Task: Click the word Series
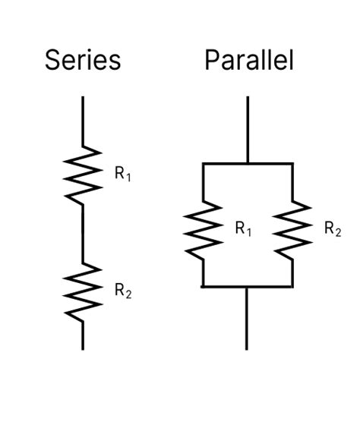point(83,60)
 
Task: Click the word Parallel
point(248,60)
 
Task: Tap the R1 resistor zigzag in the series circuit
point(83,175)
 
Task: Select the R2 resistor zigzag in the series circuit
point(83,291)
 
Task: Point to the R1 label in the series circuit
point(122,174)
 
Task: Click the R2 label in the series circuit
point(122,290)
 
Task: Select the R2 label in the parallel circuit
point(332,228)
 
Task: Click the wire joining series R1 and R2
point(83,233)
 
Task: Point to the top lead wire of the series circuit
point(83,121)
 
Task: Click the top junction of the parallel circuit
point(248,163)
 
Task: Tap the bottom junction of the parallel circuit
point(248,286)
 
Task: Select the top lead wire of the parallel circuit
point(248,129)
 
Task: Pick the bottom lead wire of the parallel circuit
point(248,319)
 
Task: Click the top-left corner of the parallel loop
point(204,163)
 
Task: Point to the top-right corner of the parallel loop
point(292,163)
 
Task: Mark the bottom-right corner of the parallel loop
point(292,286)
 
